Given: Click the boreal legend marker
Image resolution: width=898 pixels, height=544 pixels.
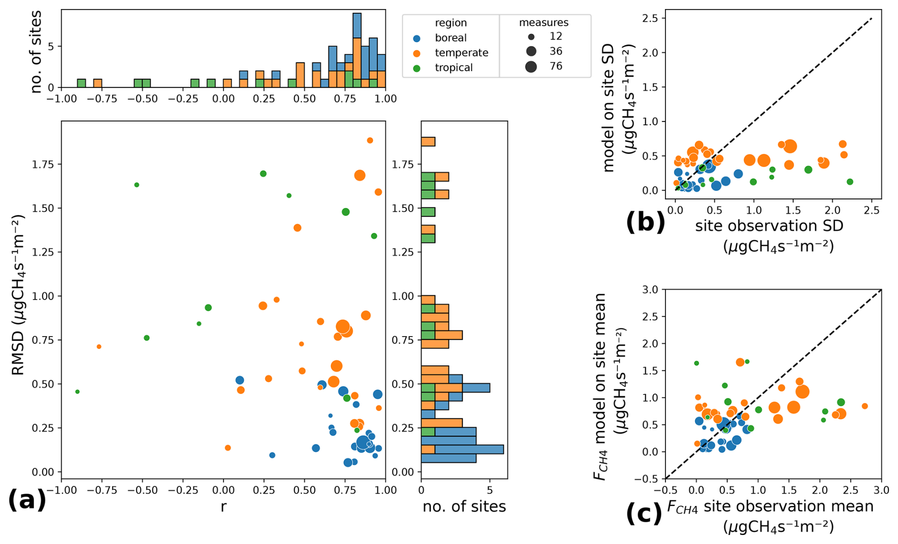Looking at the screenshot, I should tap(417, 38).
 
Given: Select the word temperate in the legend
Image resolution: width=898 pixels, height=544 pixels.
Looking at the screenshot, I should tap(461, 53).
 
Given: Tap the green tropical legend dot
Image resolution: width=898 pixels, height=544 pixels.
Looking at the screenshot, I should tap(417, 68).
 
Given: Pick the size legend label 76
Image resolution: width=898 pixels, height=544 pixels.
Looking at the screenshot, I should tap(556, 66).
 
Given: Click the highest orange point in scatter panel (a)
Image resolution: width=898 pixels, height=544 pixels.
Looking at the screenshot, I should tap(370, 141).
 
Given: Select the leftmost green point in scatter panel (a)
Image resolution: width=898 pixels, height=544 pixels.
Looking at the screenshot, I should tap(77, 392).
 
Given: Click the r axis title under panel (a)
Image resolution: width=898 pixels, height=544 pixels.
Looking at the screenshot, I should tap(223, 507).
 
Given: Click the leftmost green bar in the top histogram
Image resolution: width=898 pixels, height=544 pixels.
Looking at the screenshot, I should tap(81, 83).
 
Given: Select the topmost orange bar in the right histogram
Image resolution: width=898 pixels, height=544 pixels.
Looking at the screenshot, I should tap(428, 141).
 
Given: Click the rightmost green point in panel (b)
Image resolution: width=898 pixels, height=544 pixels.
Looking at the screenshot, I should tap(850, 182).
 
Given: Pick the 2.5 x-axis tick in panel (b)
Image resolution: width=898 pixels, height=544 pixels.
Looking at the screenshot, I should tap(871, 209).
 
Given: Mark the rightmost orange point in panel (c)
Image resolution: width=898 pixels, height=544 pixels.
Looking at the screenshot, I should tap(865, 406).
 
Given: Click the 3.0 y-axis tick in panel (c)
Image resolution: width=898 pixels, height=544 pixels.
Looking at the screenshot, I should tap(652, 290).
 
